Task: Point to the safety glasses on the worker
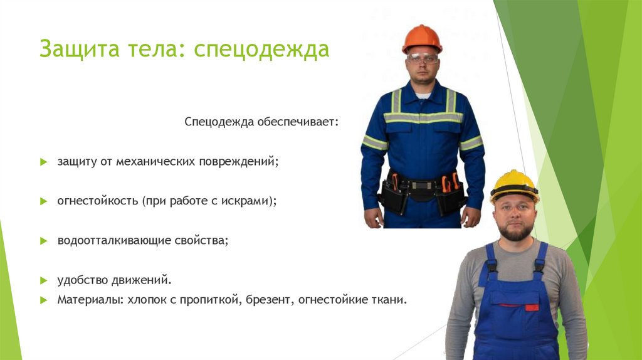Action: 422,58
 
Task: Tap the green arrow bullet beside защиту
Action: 44,162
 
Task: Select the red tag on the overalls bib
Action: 532,307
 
